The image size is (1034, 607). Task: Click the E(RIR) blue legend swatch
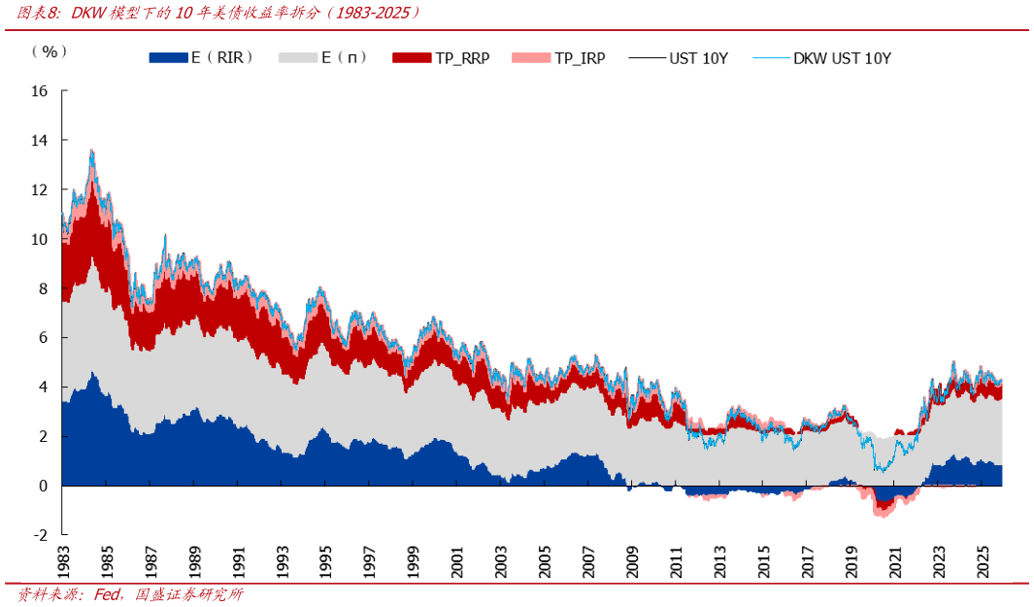point(167,58)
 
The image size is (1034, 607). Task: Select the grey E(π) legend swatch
point(296,58)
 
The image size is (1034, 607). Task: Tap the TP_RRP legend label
point(462,58)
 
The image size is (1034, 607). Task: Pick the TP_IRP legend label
point(580,58)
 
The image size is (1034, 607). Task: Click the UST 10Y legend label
point(698,58)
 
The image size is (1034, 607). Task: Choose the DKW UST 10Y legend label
point(842,58)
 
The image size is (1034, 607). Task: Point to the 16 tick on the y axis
point(40,91)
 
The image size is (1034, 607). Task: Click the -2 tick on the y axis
point(40,535)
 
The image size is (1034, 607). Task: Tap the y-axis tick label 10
point(40,239)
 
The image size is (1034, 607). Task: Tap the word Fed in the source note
point(107,594)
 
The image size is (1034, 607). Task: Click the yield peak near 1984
point(91,151)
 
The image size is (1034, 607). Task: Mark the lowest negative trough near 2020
point(883,516)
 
